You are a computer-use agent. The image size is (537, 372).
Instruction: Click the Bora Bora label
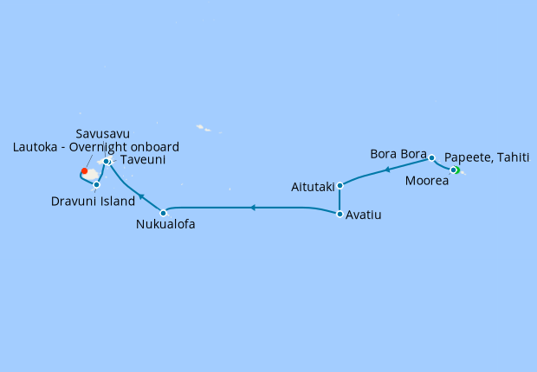tap(398, 154)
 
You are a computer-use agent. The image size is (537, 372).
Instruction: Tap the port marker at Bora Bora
tap(431, 158)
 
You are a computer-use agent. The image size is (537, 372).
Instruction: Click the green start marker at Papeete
tap(455, 170)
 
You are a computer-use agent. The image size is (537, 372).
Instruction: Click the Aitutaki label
tap(313, 187)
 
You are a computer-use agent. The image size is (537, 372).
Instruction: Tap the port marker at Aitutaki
tap(340, 185)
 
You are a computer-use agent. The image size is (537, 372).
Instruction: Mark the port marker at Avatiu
tap(340, 214)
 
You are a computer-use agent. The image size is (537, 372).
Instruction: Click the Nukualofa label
tap(165, 225)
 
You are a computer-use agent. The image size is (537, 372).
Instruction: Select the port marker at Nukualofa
tap(163, 212)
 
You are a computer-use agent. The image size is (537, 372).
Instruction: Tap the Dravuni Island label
tap(93, 202)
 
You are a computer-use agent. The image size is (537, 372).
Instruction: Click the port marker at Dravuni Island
tap(96, 184)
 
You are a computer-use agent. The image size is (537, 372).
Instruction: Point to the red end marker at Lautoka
tap(84, 170)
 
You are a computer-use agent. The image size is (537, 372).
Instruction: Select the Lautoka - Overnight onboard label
tap(96, 147)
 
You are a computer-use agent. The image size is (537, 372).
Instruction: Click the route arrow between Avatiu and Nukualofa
tap(251, 208)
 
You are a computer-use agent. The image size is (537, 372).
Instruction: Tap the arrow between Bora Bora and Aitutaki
tap(385, 170)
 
